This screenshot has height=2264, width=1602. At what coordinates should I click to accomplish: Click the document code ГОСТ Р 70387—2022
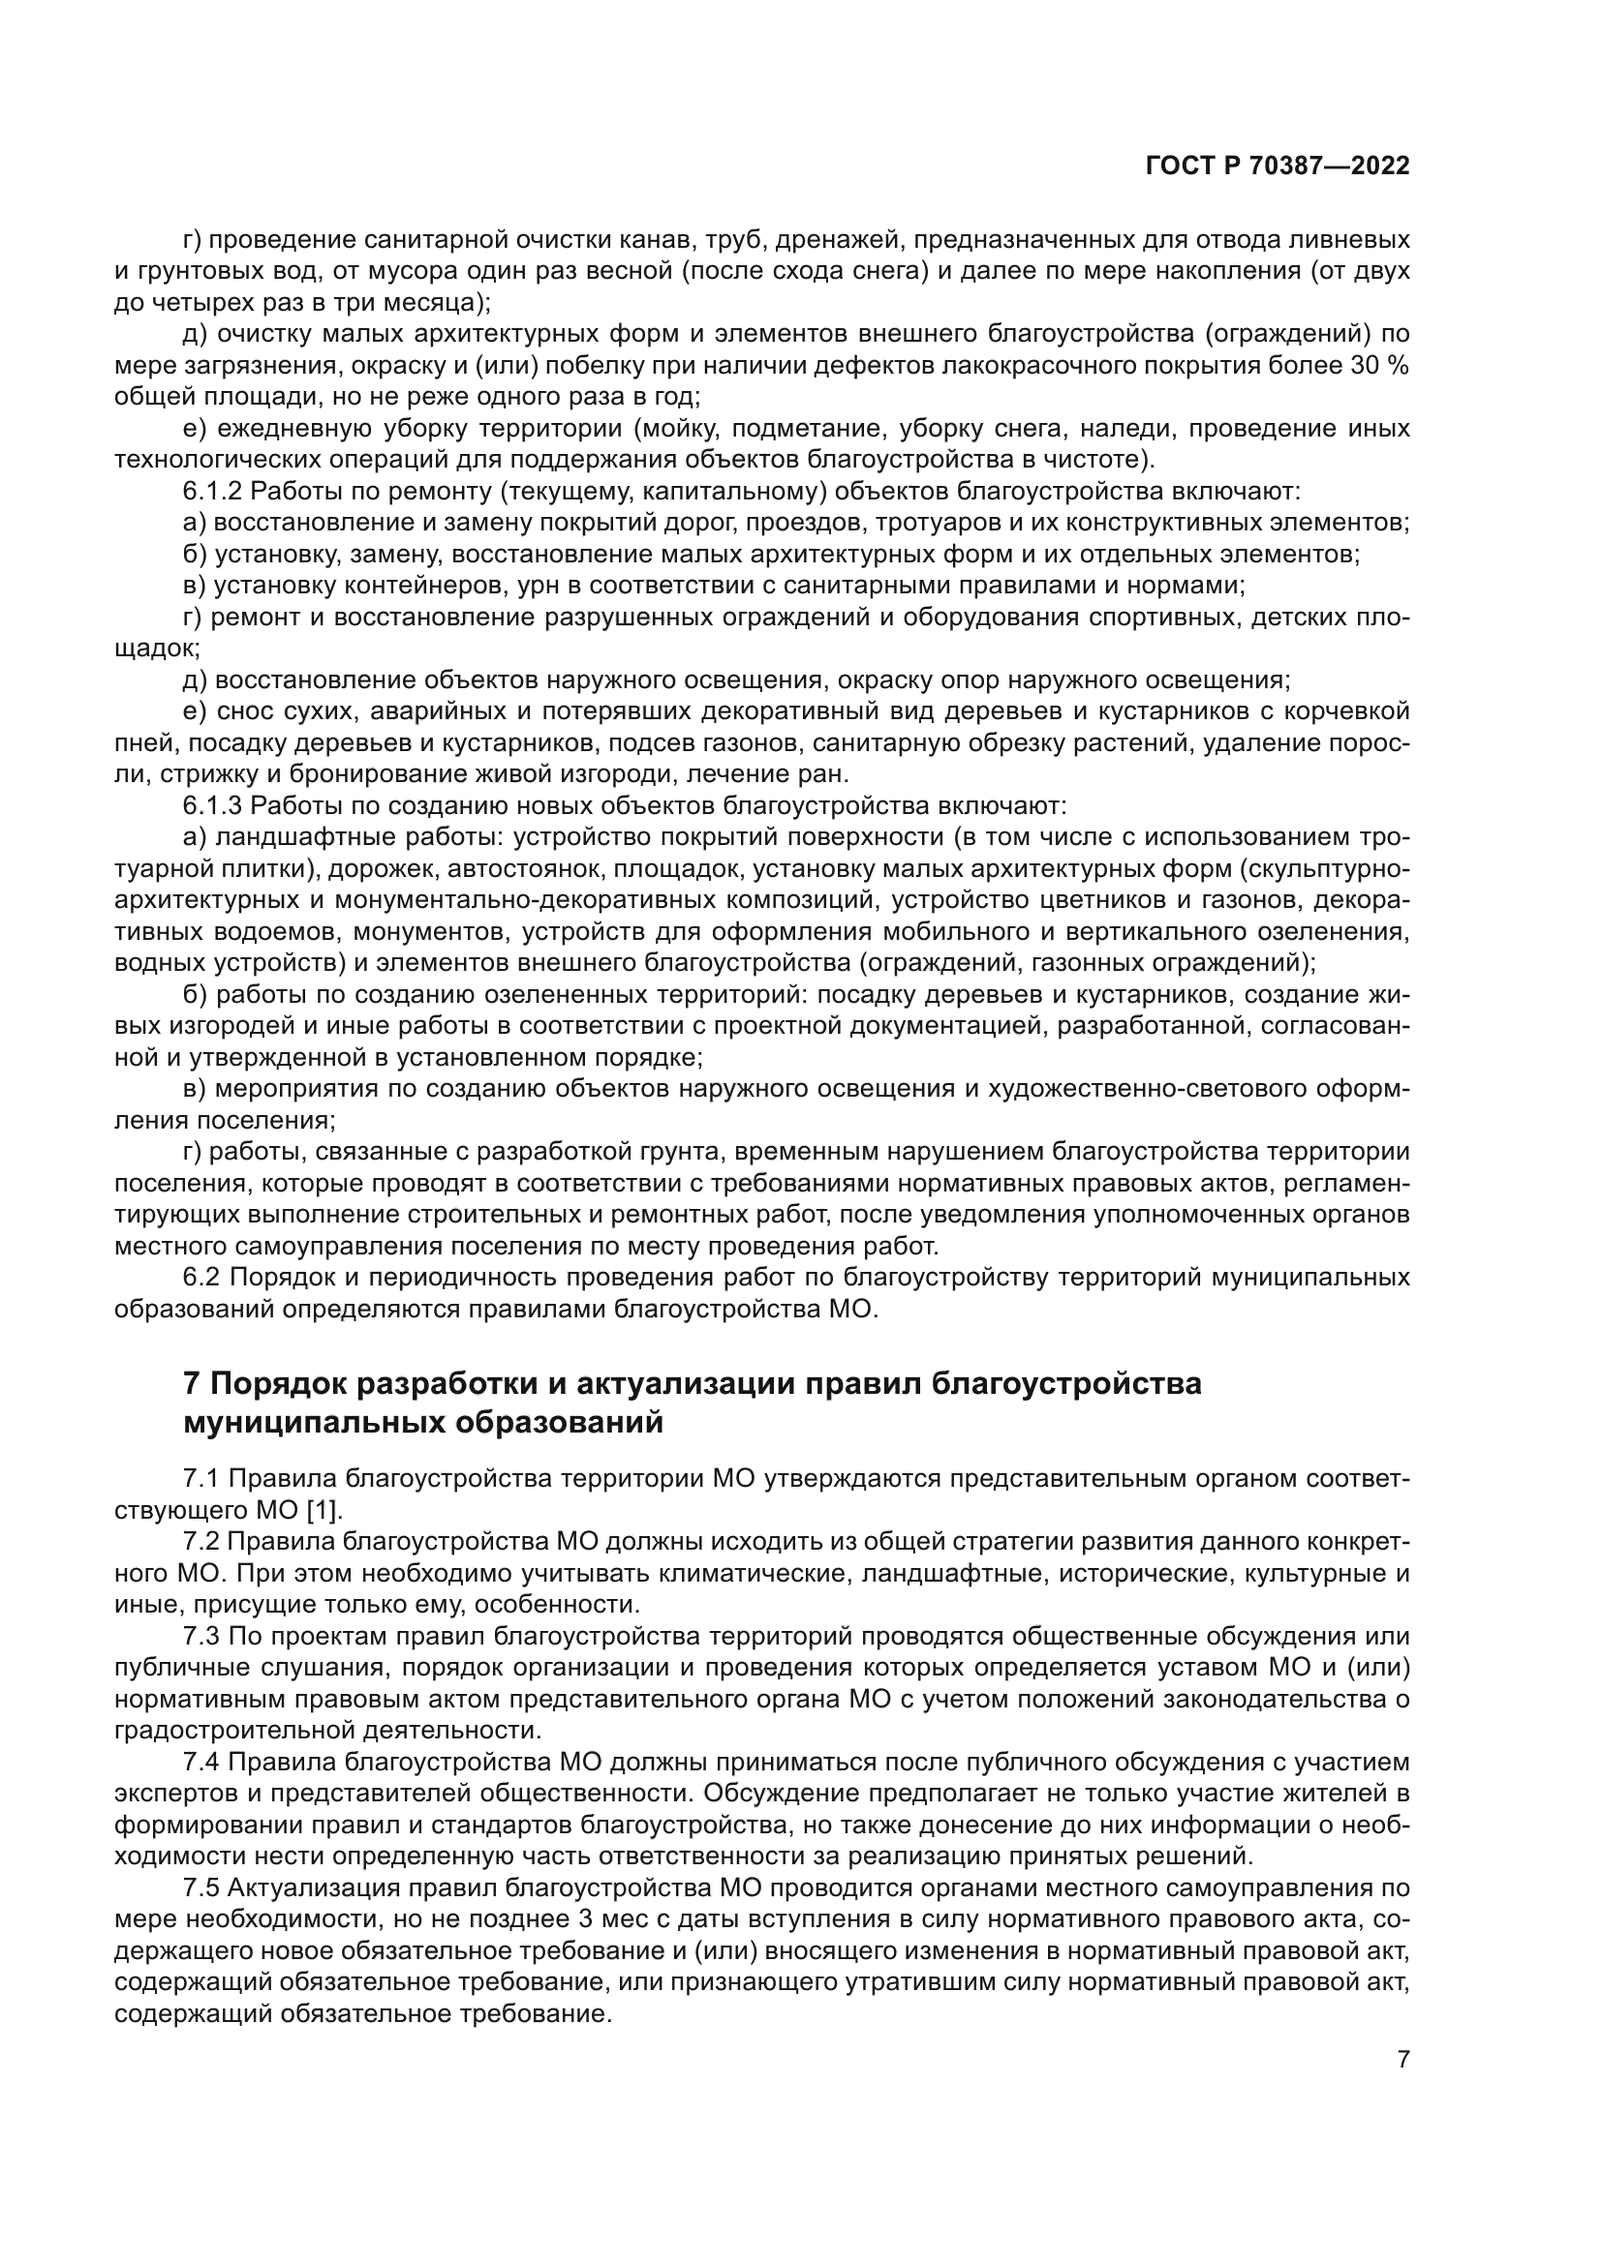click(x=1278, y=166)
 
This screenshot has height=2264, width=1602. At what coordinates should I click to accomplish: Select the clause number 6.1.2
click(x=212, y=491)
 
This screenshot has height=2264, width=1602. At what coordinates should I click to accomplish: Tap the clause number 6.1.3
click(x=212, y=805)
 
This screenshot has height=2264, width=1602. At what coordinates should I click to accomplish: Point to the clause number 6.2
click(x=202, y=1278)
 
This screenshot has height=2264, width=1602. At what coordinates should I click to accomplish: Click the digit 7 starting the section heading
click(x=193, y=1384)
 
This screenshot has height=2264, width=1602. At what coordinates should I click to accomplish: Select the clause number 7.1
click(x=202, y=1479)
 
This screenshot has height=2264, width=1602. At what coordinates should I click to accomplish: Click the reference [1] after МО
click(x=318, y=1511)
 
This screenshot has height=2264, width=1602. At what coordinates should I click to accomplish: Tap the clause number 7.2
click(x=202, y=1542)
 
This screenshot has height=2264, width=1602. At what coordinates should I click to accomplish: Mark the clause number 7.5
click(x=202, y=1888)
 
